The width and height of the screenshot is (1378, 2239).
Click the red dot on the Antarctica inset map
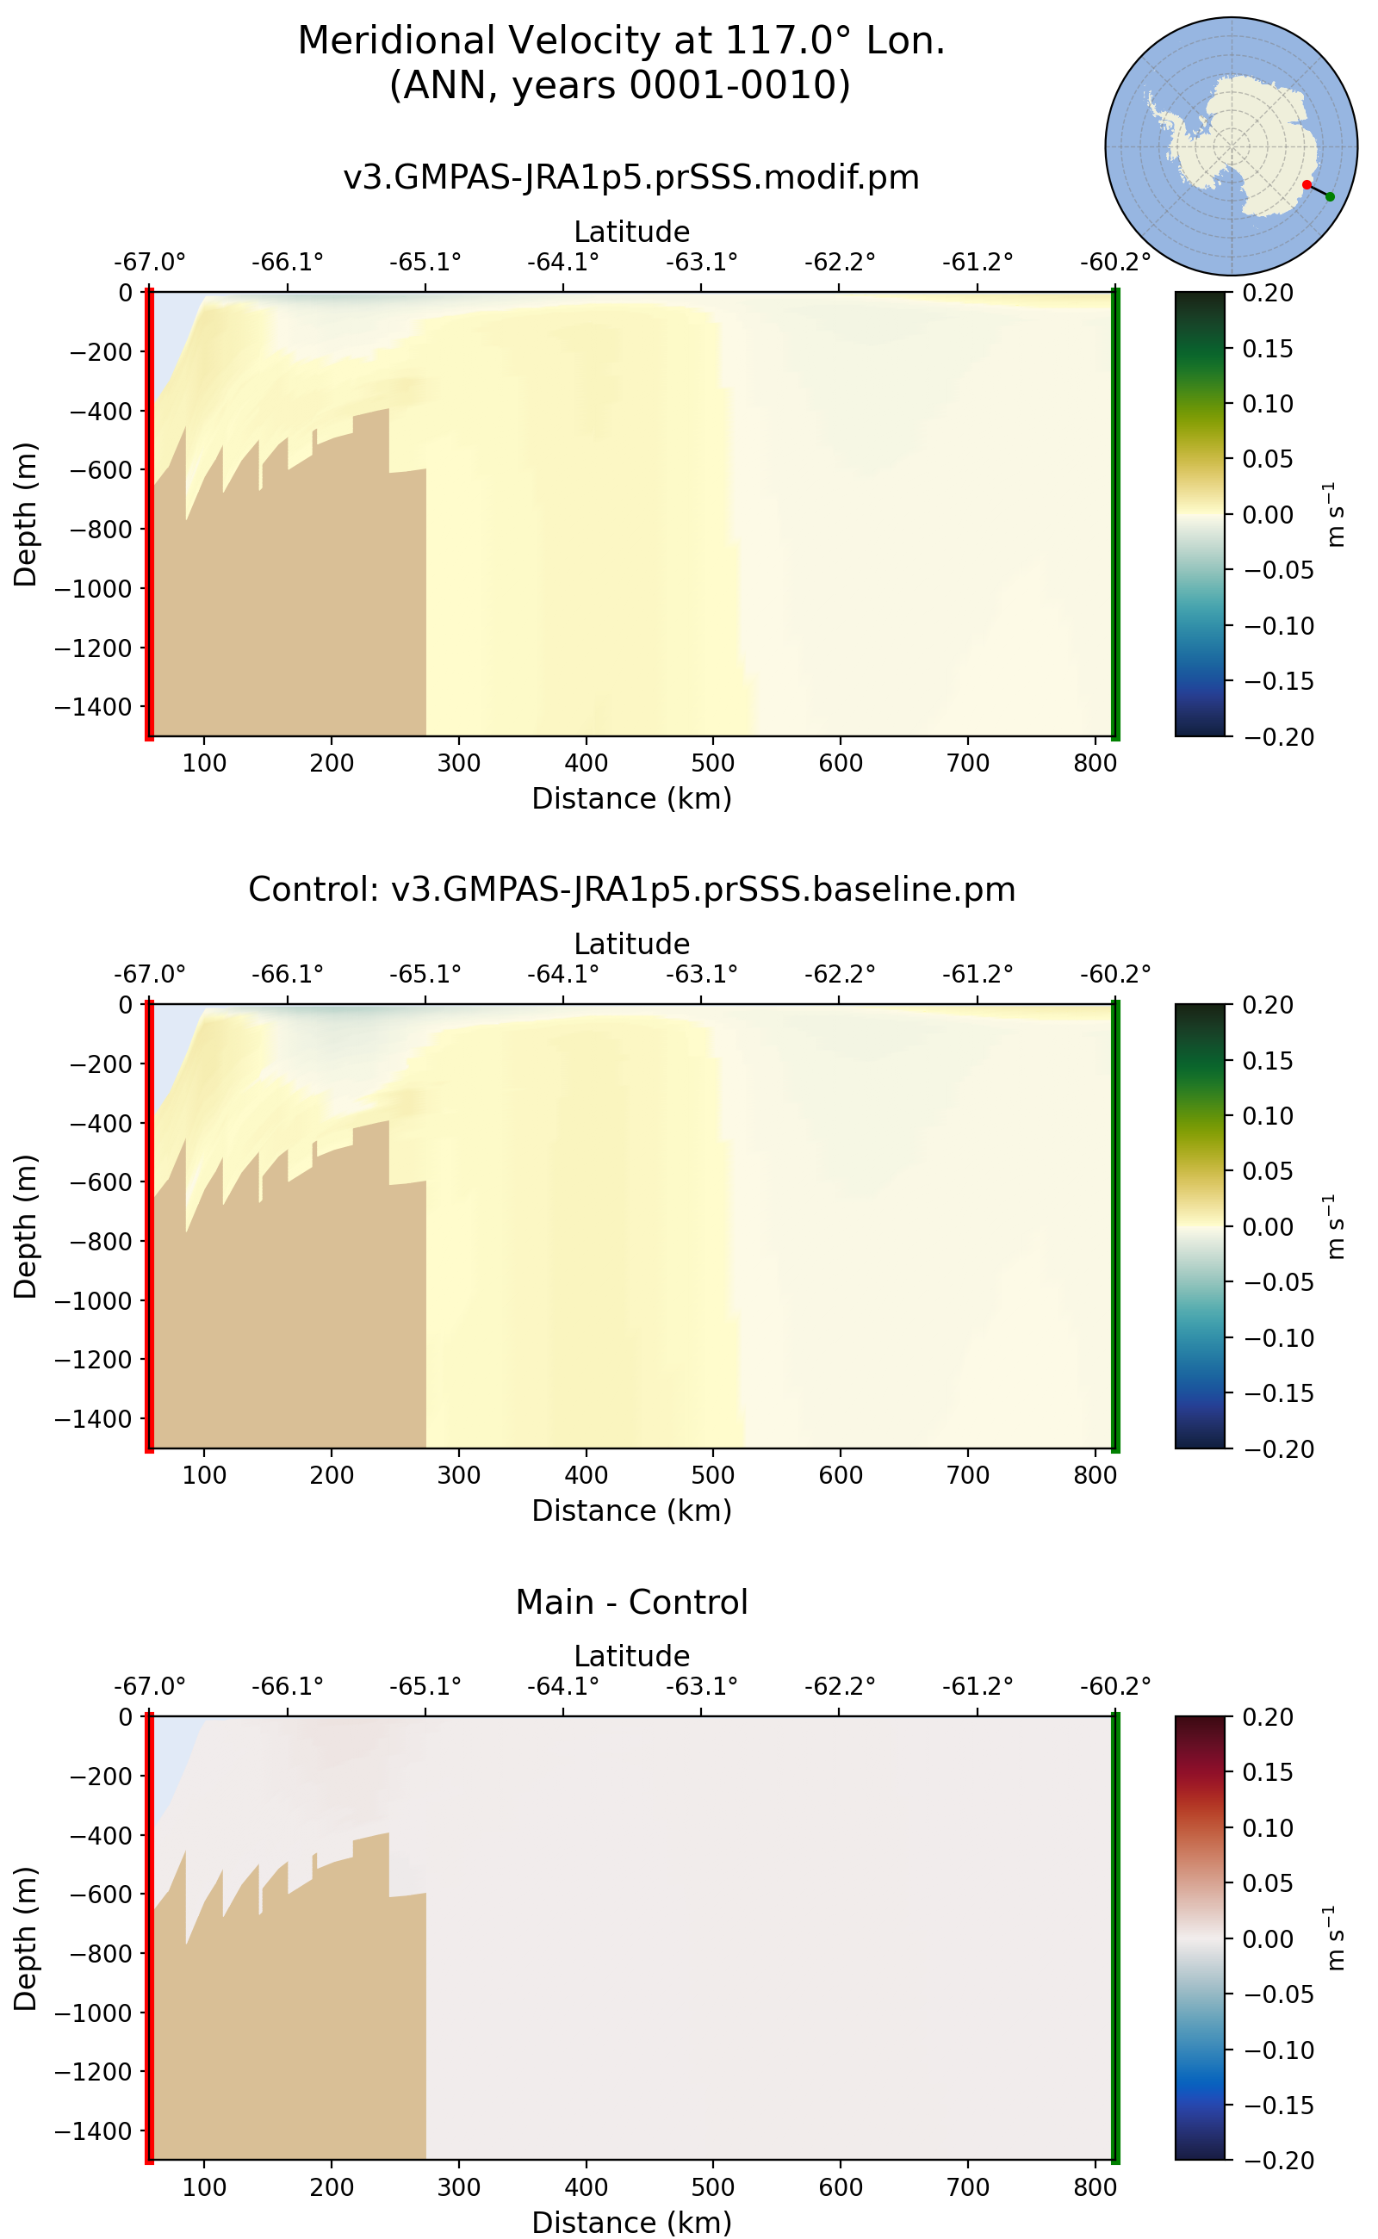pyautogui.click(x=1306, y=185)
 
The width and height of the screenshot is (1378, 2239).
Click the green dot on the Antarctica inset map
pyautogui.click(x=1330, y=197)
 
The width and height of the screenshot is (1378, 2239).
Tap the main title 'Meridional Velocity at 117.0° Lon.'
pyautogui.click(x=621, y=42)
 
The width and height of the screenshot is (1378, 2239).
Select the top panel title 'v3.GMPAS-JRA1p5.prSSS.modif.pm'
pyautogui.click(x=630, y=177)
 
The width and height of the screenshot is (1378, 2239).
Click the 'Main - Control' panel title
pyautogui.click(x=630, y=1602)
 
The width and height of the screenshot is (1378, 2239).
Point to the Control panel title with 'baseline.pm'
pyautogui.click(x=630, y=890)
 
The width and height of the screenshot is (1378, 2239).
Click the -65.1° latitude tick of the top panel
pyautogui.click(x=425, y=263)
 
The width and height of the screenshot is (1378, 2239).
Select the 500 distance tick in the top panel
pyautogui.click(x=713, y=763)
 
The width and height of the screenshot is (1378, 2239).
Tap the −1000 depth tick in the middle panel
pyautogui.click(x=94, y=1300)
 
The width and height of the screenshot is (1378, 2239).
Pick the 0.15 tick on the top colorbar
pyautogui.click(x=1267, y=349)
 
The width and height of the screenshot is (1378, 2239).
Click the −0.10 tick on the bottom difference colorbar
pyautogui.click(x=1279, y=2050)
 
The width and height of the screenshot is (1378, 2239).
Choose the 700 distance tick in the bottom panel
pyautogui.click(x=967, y=2187)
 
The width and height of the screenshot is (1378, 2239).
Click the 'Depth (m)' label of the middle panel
pyautogui.click(x=26, y=1225)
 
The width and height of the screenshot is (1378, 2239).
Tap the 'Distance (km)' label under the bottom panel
pyautogui.click(x=630, y=2222)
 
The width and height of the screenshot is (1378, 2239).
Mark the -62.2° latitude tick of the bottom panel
pyautogui.click(x=839, y=1687)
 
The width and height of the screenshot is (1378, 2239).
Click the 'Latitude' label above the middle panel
pyautogui.click(x=630, y=944)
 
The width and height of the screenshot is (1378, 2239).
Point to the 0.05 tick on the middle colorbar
pyautogui.click(x=1267, y=1171)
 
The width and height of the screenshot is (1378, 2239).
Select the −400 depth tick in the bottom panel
pyautogui.click(x=100, y=1835)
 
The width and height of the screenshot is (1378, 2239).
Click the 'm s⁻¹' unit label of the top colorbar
pyautogui.click(x=1334, y=515)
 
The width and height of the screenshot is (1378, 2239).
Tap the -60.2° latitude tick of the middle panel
pyautogui.click(x=1114, y=975)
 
